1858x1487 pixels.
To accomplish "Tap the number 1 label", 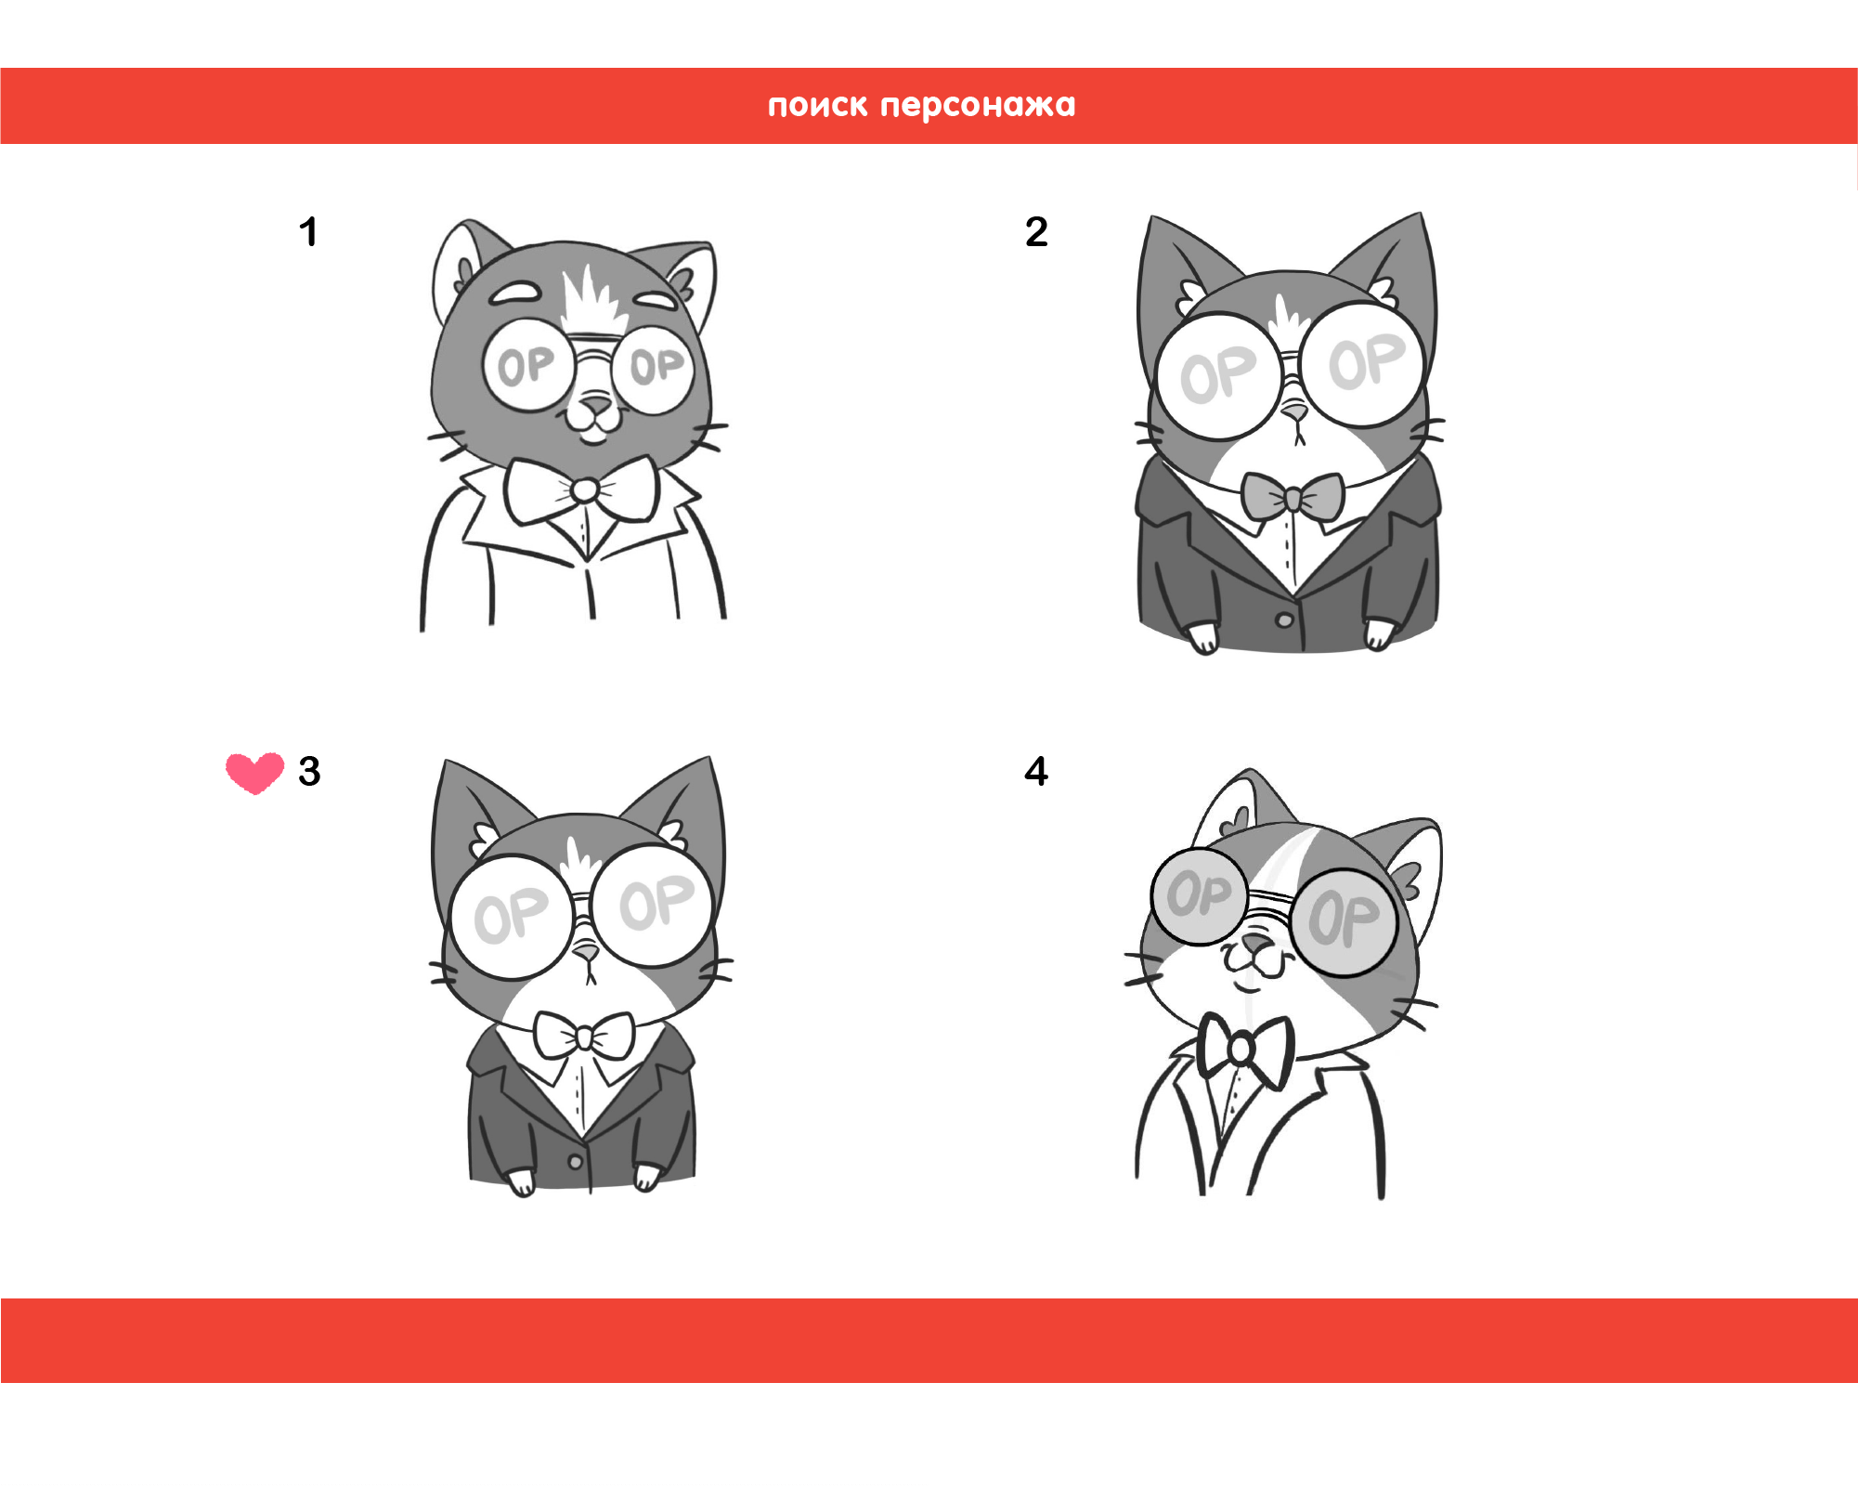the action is click(308, 232).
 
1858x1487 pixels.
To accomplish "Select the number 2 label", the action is click(1036, 232).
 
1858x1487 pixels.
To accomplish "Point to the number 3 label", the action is click(309, 772).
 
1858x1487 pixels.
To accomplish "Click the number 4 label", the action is click(1036, 772).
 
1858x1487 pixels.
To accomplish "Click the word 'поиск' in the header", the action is click(817, 106).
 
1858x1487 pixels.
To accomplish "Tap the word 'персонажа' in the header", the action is click(978, 106).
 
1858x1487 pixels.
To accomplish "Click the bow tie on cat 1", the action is click(583, 490).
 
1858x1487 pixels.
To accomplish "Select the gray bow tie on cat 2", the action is click(1293, 498).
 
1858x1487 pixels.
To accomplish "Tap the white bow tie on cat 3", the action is click(584, 1036).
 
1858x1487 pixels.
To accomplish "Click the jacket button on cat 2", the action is click(1284, 620).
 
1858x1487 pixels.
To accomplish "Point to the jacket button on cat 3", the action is click(576, 1162).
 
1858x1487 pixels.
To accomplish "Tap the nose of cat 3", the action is click(586, 952).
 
